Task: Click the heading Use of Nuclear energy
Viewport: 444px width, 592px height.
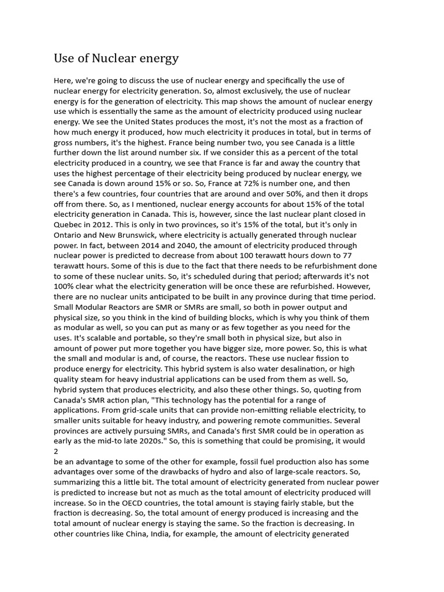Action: (116, 58)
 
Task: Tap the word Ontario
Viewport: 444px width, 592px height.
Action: (69, 235)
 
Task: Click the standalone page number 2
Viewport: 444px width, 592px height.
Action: (56, 452)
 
